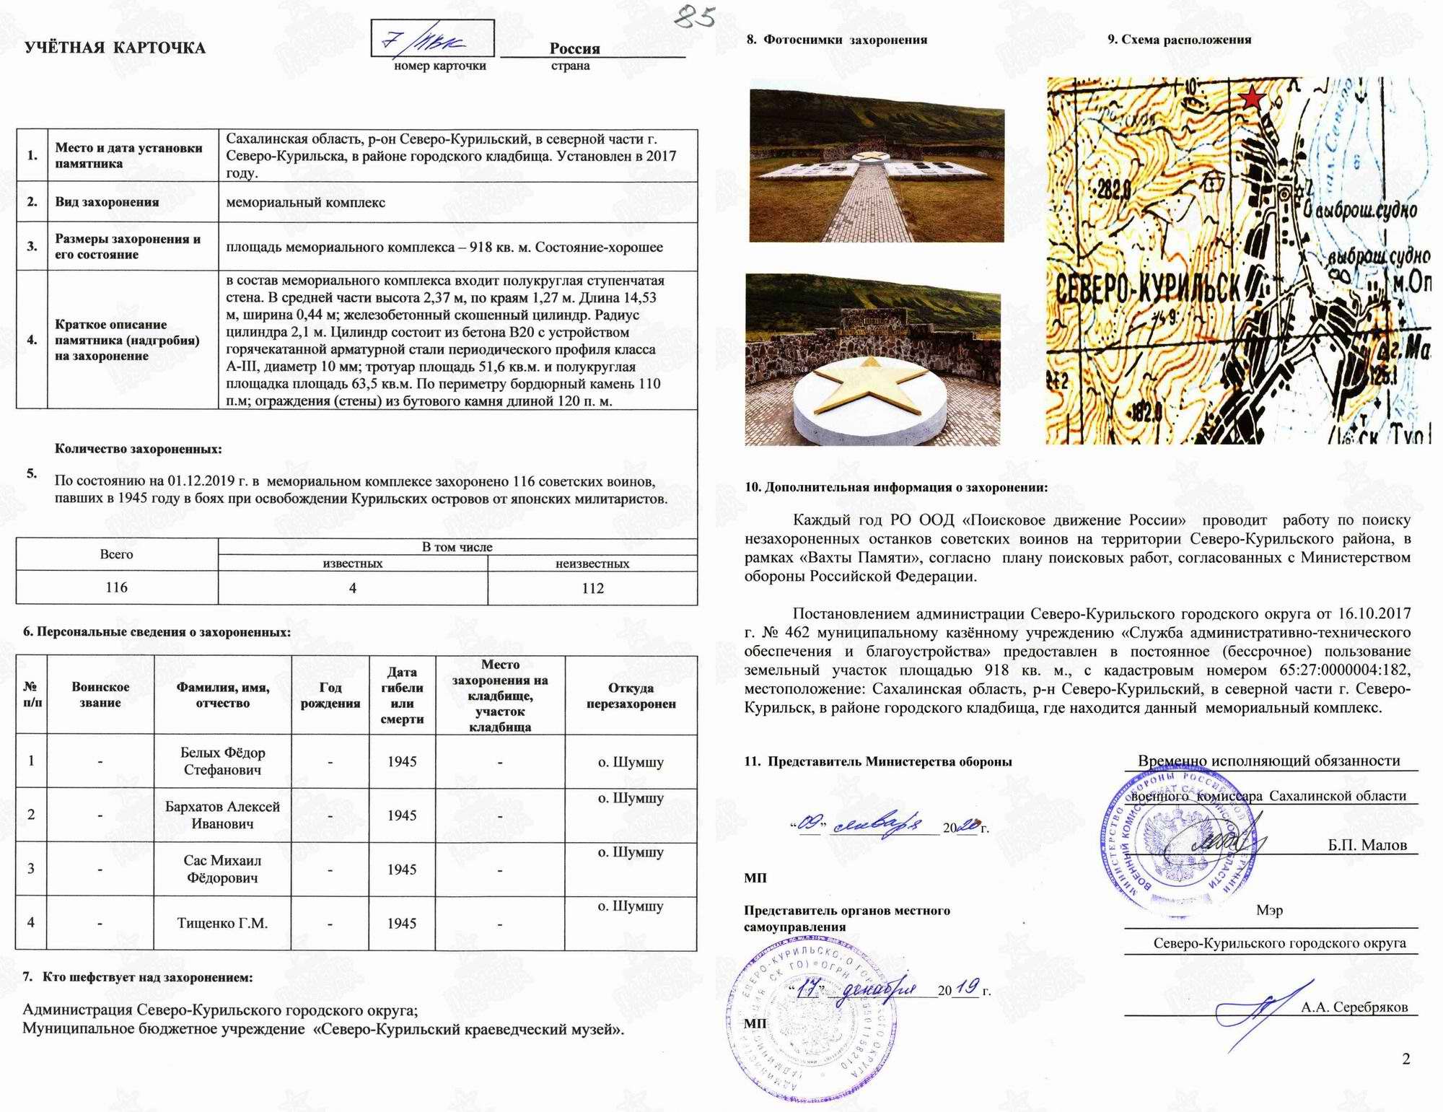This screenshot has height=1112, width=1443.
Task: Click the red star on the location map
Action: click(1253, 98)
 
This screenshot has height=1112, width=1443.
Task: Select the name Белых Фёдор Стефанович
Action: click(223, 761)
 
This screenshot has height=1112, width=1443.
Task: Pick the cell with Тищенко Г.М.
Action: click(223, 923)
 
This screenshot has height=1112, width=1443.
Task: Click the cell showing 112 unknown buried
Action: click(592, 588)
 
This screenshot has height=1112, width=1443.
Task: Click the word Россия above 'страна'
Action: click(574, 48)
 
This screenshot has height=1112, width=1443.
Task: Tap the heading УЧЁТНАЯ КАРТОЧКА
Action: click(115, 48)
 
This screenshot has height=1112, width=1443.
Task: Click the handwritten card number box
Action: click(432, 39)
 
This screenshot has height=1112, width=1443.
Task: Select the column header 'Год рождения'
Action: click(330, 696)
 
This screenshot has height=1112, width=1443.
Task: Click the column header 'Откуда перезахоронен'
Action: click(631, 696)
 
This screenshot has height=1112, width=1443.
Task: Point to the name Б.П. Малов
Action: click(1367, 845)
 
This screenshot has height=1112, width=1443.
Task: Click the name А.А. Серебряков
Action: click(1354, 1007)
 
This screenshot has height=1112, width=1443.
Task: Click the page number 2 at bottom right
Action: click(1405, 1059)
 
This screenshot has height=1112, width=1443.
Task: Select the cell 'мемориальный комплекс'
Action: click(306, 203)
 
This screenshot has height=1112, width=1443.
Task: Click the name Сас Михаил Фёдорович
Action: click(223, 869)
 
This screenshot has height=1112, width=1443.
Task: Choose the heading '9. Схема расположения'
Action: click(1179, 40)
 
